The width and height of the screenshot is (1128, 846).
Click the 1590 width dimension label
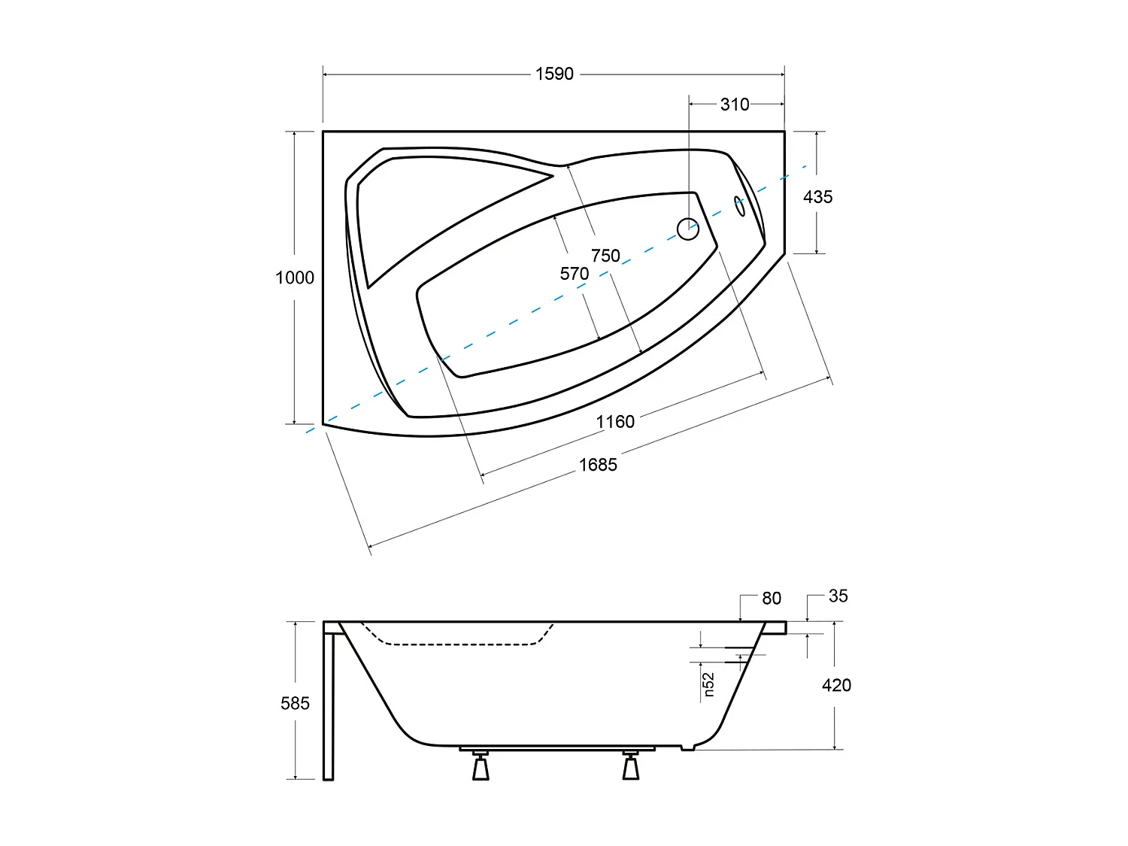554,74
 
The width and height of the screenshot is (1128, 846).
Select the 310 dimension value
734,105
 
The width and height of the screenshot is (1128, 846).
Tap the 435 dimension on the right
817,197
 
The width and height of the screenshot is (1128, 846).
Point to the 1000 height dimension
294,277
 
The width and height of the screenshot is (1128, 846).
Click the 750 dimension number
605,256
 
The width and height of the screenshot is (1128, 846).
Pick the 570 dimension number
575,274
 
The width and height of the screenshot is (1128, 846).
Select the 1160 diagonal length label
615,422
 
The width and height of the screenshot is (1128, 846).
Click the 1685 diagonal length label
598,465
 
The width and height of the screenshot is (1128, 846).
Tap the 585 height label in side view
295,703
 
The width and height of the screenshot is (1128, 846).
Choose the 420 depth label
836,685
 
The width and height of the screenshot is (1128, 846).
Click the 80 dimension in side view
772,598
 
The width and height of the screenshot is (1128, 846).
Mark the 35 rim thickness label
838,596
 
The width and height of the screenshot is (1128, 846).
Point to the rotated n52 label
708,685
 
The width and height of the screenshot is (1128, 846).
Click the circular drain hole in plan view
688,229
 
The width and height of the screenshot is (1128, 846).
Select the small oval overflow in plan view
740,206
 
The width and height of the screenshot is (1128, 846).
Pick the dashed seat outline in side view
451,644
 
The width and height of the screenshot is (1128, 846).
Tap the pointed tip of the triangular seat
553,177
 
